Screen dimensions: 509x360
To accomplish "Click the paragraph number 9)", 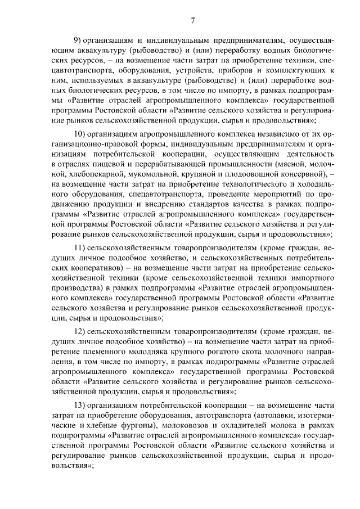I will tap(79, 40).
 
